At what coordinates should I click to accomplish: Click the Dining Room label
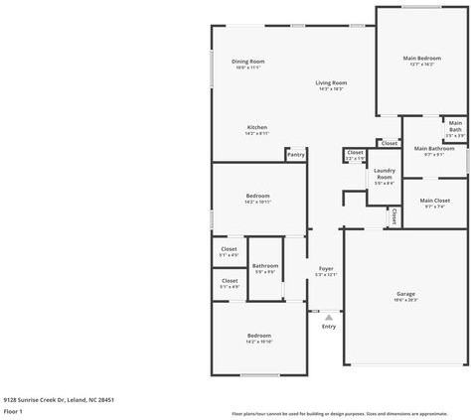247,62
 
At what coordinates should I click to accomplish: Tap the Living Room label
331,82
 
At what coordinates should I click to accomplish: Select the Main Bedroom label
421,59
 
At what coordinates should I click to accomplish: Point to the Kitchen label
256,127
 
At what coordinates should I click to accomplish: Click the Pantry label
295,154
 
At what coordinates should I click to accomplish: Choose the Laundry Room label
384,173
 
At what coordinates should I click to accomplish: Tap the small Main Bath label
454,126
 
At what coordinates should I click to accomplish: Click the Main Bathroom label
433,148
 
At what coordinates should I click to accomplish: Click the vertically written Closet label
393,214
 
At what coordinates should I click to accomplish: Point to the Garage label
405,294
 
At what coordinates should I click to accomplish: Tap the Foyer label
325,268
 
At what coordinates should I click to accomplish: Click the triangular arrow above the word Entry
328,317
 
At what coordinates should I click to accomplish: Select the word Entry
328,326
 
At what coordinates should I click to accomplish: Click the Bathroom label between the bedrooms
264,265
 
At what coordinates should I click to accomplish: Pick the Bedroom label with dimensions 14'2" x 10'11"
257,196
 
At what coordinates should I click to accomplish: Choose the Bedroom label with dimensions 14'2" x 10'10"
258,336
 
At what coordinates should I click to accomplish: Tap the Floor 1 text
13,410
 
